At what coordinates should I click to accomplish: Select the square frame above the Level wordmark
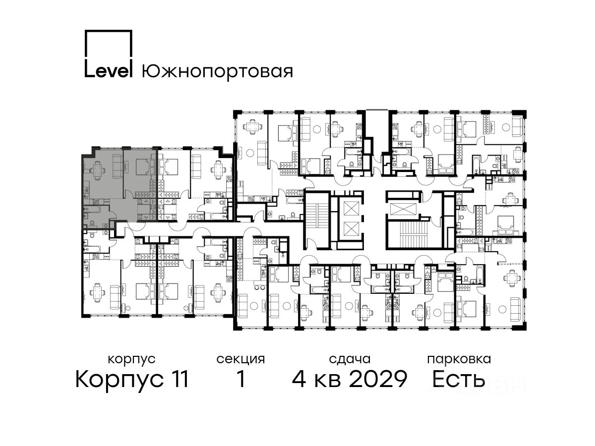[x=109, y=45]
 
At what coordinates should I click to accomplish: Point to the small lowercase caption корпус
[x=132, y=360]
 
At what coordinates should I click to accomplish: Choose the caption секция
[x=240, y=360]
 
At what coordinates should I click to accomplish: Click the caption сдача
[x=350, y=359]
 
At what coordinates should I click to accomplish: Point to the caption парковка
[x=459, y=359]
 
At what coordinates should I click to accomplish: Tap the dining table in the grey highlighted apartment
[x=98, y=170]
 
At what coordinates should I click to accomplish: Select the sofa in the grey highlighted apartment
[x=118, y=167]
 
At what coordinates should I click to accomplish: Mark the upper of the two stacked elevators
[x=351, y=209]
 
